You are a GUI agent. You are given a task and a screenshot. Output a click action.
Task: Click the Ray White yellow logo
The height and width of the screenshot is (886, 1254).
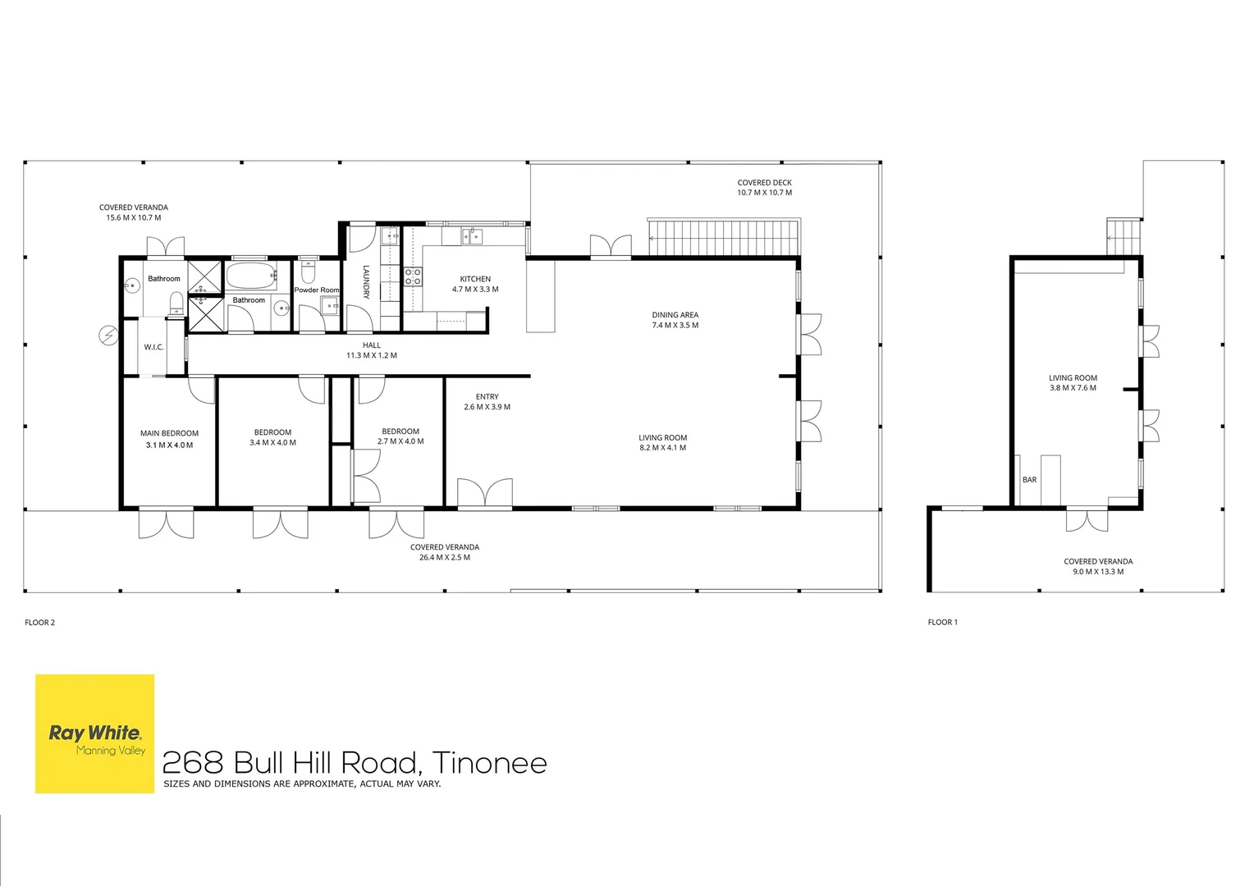click(94, 733)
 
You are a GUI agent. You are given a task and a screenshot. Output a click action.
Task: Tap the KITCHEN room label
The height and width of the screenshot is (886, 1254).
click(475, 279)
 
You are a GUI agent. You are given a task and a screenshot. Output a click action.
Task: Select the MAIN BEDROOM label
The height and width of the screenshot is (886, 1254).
click(169, 433)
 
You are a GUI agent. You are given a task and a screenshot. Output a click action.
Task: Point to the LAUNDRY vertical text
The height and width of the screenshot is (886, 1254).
click(367, 281)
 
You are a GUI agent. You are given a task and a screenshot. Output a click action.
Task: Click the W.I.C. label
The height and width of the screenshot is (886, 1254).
click(153, 347)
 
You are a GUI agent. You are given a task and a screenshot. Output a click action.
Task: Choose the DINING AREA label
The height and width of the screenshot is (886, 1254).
click(675, 315)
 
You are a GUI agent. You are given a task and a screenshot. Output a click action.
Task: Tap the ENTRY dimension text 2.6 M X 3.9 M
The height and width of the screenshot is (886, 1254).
click(487, 407)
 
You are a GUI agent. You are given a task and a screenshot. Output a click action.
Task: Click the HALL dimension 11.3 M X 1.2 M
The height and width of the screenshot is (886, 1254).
click(371, 356)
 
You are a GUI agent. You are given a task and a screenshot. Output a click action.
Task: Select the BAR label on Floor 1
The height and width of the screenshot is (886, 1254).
click(1029, 480)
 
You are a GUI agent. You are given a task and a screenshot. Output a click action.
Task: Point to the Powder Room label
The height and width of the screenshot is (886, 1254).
click(317, 290)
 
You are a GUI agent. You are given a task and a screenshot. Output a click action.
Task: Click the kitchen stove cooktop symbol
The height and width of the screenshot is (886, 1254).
click(413, 276)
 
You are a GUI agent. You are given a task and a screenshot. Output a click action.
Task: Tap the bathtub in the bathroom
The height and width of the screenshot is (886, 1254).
click(252, 276)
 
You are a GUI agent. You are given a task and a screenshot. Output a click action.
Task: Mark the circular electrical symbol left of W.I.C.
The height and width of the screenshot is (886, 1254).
click(108, 335)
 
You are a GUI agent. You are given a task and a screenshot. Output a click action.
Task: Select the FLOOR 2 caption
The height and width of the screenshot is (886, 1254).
click(39, 623)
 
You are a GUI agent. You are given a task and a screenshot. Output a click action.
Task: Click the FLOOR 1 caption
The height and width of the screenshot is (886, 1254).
click(942, 623)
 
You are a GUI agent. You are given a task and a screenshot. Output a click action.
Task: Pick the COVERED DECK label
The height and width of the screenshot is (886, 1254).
click(764, 183)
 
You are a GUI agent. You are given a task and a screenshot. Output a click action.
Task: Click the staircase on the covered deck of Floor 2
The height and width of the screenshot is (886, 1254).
click(723, 238)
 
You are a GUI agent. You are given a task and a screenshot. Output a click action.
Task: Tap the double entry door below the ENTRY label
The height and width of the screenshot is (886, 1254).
click(485, 493)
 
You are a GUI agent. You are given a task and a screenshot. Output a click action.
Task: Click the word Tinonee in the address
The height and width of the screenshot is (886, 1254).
click(489, 763)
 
